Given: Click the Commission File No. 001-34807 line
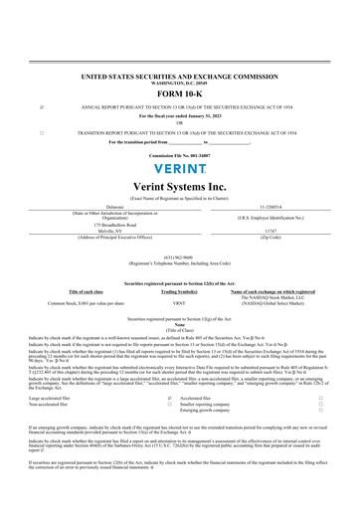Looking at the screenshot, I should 180,155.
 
